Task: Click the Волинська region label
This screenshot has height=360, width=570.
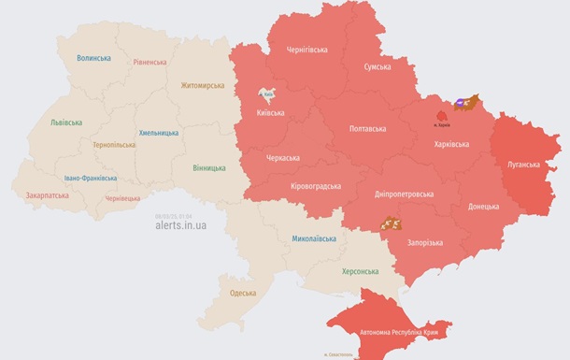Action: coord(93,58)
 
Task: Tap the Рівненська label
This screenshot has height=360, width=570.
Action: coord(150,63)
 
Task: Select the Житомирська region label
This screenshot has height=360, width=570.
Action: coord(203,85)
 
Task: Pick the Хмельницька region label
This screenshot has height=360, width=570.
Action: coord(159,133)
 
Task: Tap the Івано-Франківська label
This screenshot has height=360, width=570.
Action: coord(91,178)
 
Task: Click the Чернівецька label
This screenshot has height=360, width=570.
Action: coord(122,198)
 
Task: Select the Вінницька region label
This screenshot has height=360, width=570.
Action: coord(208,168)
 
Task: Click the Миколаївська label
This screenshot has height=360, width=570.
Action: coord(314,239)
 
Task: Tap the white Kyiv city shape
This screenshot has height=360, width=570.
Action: coord(268,94)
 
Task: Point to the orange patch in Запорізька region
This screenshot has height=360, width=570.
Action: coord(392,223)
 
